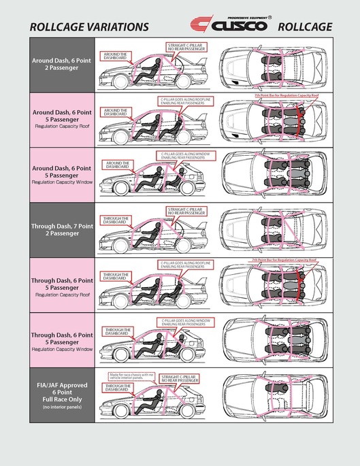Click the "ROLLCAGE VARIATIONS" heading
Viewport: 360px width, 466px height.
(89, 27)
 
